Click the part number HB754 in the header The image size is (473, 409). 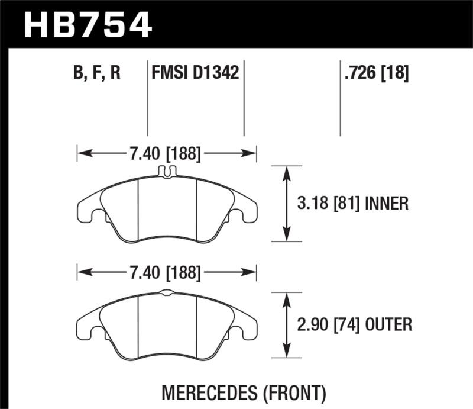pos(88,24)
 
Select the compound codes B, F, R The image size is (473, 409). pos(97,73)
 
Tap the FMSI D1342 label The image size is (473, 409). pos(195,73)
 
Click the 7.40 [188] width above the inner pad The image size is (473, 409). pos(165,155)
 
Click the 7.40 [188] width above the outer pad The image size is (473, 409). pos(165,273)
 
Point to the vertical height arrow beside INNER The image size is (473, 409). pos(287,204)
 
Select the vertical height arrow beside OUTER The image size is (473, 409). pos(287,324)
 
